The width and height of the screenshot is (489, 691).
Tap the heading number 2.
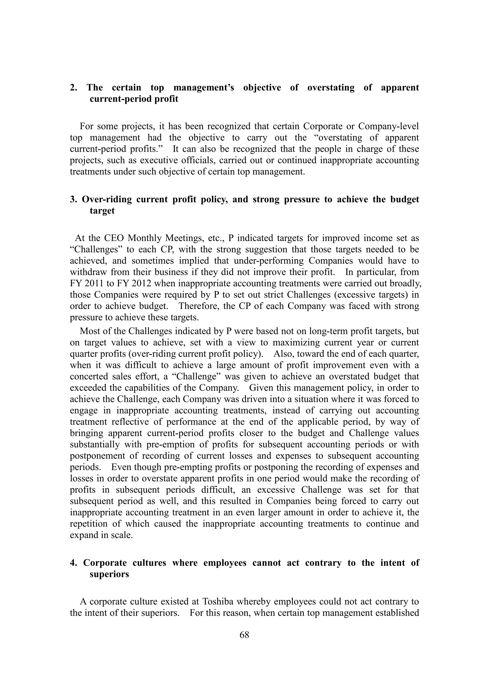point(73,88)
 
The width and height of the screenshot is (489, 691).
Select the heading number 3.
point(73,199)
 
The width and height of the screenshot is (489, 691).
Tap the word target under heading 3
point(102,211)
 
